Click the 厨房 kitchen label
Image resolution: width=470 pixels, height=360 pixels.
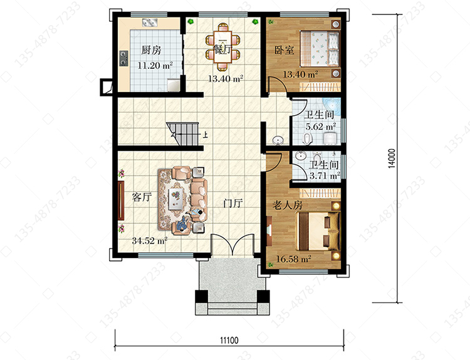151,50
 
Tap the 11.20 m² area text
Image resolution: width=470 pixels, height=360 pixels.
155,65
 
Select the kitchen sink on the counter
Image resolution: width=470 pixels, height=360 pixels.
150,23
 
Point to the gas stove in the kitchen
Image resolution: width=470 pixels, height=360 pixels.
123,58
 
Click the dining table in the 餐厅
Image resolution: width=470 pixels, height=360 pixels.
222,47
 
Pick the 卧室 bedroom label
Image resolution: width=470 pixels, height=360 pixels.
284,49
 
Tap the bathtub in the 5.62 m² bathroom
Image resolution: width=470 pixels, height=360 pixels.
332,107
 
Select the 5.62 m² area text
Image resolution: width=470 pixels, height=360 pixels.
321,126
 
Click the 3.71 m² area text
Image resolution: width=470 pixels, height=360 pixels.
325,175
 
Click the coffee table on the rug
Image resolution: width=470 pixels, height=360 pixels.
176,198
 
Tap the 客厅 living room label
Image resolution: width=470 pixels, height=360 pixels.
142,197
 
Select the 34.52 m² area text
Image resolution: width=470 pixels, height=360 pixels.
150,240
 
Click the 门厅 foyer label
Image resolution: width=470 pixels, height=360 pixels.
233,203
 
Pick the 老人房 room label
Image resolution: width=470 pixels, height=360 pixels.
288,205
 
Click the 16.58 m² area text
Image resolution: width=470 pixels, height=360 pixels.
293,259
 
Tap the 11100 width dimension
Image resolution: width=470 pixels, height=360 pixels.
229,340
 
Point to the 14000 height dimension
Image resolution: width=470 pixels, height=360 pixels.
392,158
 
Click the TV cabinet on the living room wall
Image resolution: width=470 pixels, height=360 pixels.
121,200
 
